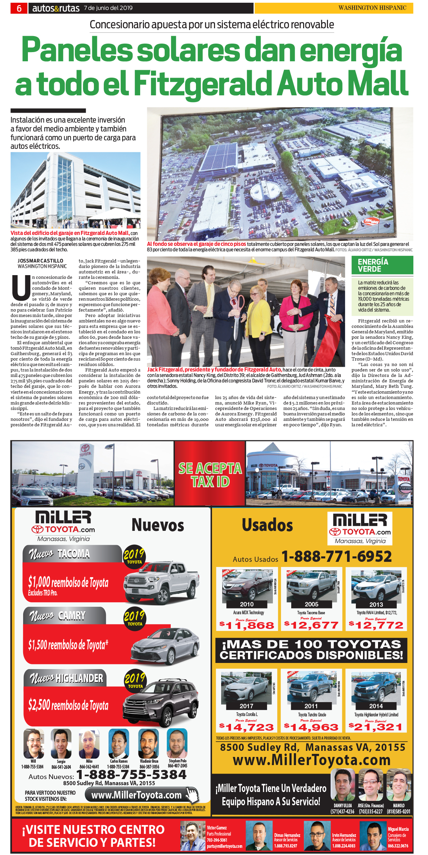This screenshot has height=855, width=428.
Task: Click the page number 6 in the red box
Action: [x=19, y=8]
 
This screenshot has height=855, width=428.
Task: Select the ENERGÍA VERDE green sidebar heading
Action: [x=373, y=265]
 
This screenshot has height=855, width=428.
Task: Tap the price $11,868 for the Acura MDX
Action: [x=247, y=626]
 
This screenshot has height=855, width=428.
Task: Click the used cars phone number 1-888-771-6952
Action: [x=336, y=556]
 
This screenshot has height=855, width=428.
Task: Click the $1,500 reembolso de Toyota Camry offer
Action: [x=68, y=645]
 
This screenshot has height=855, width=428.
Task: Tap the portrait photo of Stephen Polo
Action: [x=177, y=744]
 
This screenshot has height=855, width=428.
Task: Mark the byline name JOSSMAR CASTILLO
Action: [x=40, y=261]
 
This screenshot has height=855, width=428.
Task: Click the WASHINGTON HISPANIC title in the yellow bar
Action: [x=372, y=8]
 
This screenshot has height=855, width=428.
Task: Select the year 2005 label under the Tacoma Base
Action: [x=311, y=604]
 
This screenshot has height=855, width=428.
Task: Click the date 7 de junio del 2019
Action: [x=108, y=8]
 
